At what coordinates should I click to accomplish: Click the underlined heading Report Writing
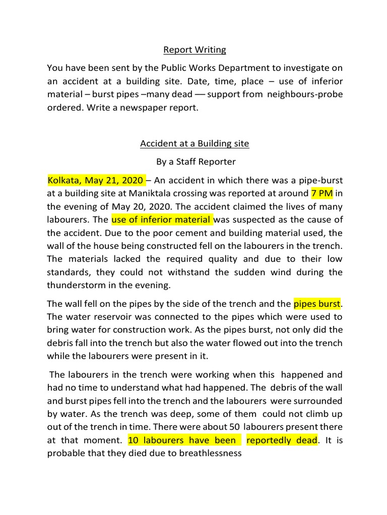tap(195, 50)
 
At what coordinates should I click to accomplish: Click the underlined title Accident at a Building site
tap(195, 144)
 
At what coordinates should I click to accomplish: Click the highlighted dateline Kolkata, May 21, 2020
tap(96, 180)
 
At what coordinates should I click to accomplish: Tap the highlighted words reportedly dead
tap(282, 440)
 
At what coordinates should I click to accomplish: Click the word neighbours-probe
tap(305, 95)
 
